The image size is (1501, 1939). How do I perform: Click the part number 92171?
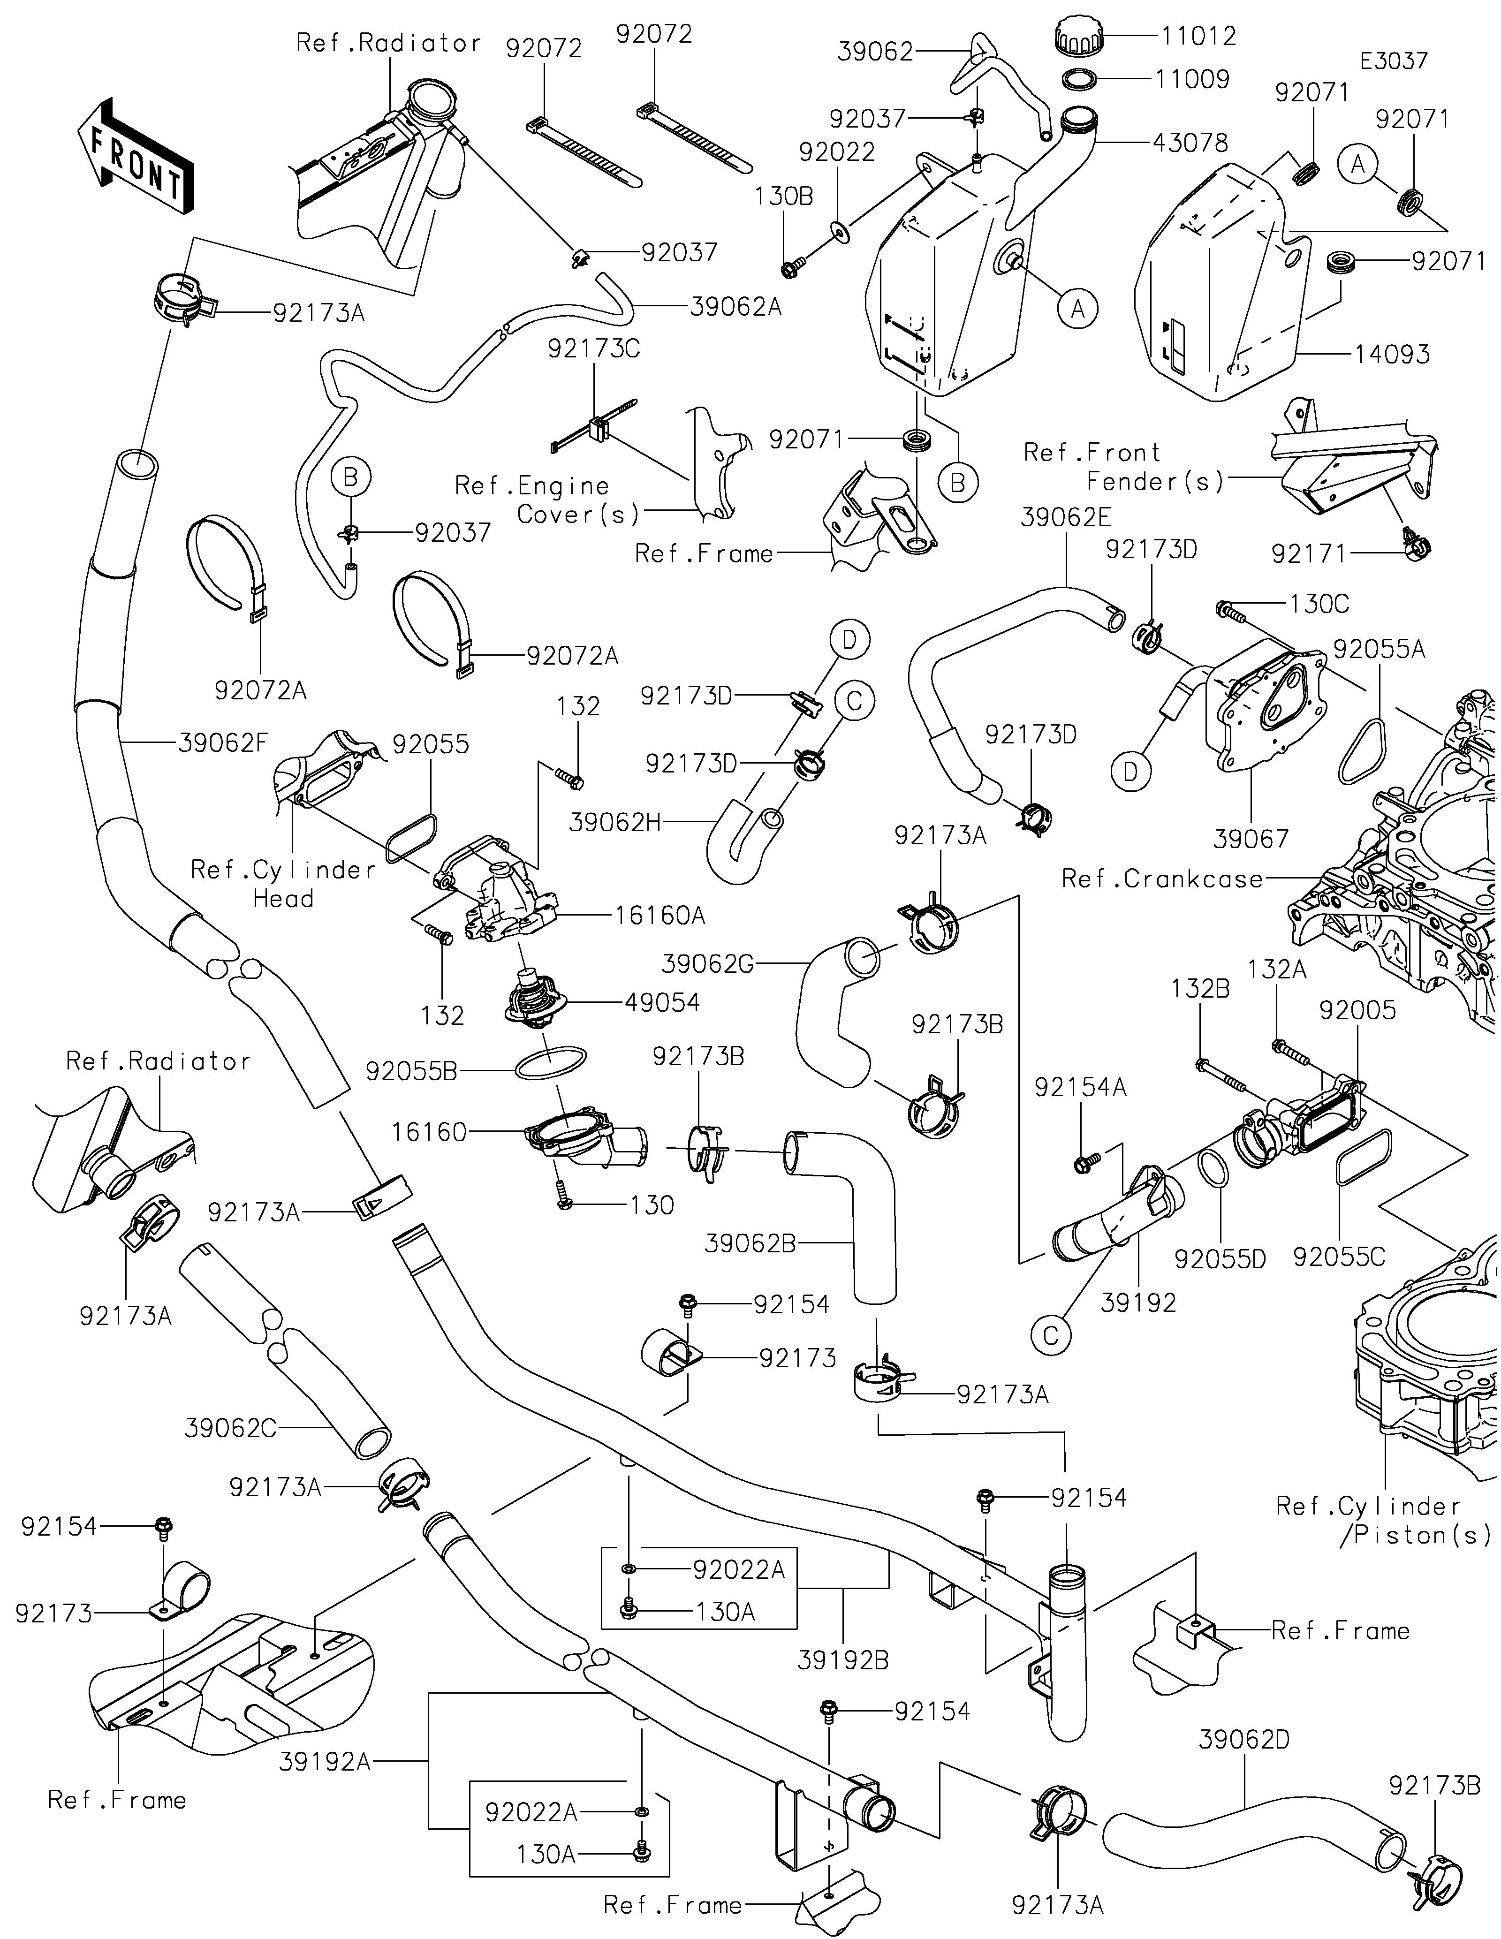1309,554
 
